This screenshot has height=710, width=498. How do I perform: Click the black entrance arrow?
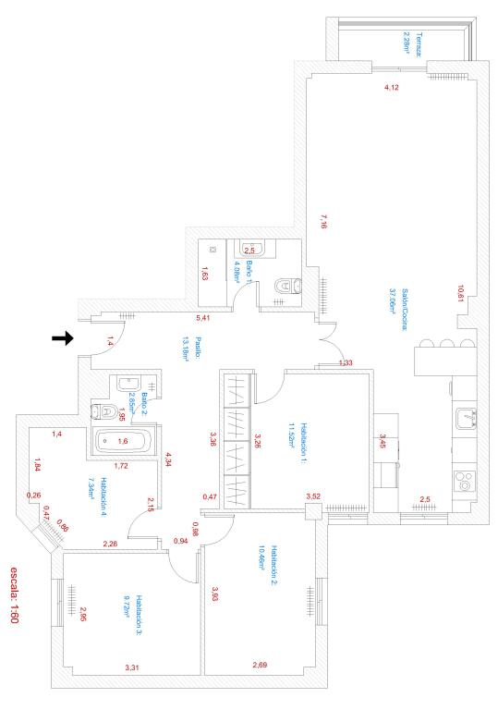(63, 337)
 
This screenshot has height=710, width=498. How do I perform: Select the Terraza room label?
(412, 43)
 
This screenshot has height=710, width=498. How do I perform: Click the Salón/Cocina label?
(397, 310)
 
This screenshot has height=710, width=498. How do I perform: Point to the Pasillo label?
(190, 349)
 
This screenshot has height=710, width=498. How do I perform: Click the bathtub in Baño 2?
(124, 441)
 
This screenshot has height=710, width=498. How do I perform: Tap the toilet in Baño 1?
(288, 287)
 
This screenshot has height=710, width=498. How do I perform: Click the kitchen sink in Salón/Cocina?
(466, 419)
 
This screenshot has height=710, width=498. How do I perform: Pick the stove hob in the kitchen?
(465, 482)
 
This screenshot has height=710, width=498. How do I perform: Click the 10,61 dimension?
(460, 293)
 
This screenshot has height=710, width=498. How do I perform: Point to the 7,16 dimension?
(323, 222)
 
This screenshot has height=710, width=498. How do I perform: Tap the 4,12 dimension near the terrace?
(391, 88)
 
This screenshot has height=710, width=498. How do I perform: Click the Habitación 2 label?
(268, 565)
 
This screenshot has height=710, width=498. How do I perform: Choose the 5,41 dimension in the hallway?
(203, 318)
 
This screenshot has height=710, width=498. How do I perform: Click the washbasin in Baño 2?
(130, 384)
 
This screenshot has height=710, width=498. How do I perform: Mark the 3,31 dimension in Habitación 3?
(132, 667)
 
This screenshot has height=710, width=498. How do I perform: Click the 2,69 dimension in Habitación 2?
(260, 666)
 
